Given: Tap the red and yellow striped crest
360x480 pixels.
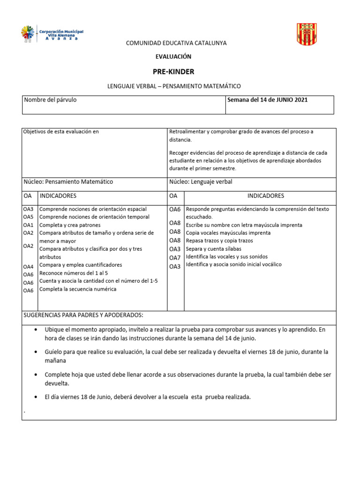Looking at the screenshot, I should point(307,34).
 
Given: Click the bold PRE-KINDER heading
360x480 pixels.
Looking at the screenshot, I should point(173,72).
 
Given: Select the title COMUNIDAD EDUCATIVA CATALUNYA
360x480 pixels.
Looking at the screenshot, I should point(176,43).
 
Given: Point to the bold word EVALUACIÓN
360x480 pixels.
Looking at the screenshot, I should point(173,56).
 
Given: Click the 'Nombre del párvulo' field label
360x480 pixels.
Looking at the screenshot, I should point(50,100).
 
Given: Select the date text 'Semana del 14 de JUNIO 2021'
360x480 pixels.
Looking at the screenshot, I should point(267,100).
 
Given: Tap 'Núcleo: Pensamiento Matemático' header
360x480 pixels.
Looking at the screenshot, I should point(68,182).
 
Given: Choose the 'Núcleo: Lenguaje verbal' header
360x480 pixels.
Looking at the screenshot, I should point(201,182).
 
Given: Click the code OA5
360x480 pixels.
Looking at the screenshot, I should point(28,217).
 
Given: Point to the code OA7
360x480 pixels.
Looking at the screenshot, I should point(175,258).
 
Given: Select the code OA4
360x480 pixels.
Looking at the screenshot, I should point(28,267).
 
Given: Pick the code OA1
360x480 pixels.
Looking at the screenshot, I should point(28,225).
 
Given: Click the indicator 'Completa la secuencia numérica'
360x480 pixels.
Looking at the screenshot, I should point(78,289).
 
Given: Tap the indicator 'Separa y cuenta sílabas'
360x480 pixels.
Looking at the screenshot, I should point(213,249).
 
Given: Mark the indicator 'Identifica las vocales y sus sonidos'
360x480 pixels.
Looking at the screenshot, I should point(227,257).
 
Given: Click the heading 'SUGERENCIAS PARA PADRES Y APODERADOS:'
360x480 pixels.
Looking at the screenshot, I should point(83,315).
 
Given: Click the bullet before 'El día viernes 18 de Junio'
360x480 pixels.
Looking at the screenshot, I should point(37,397).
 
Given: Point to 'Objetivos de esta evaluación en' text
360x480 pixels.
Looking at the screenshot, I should point(61,132).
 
